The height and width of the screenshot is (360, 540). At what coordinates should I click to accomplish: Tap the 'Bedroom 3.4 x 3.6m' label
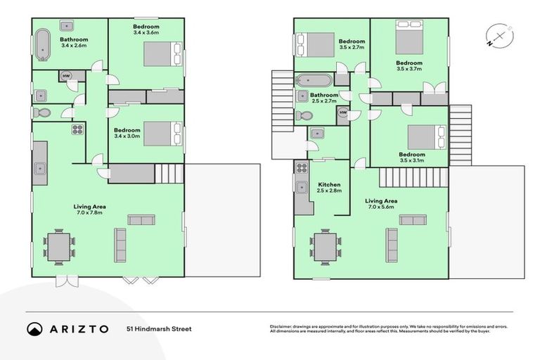click(x=146, y=30)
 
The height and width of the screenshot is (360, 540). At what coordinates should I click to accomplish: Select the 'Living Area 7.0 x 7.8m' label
click(x=89, y=209)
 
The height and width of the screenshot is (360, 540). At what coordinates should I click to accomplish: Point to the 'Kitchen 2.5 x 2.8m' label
click(x=328, y=188)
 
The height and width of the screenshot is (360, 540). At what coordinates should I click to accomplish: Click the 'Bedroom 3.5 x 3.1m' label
click(x=411, y=157)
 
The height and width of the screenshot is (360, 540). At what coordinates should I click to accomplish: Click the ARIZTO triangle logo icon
click(x=35, y=328)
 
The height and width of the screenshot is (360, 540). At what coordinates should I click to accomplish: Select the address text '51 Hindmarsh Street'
click(x=159, y=328)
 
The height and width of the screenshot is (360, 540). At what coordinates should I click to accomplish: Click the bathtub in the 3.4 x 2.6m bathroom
click(x=43, y=46)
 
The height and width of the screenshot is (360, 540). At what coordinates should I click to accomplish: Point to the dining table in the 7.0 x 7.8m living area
click(x=58, y=247)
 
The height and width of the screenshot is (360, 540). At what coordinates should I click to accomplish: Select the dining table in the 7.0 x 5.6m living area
click(x=325, y=247)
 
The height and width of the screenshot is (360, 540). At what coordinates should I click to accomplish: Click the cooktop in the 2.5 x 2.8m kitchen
click(x=302, y=168)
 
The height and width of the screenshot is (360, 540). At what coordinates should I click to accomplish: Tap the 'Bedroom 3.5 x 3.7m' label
click(x=409, y=66)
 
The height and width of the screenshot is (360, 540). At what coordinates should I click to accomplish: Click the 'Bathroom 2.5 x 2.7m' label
click(x=324, y=98)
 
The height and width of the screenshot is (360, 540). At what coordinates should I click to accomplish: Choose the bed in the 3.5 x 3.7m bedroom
click(x=409, y=39)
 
